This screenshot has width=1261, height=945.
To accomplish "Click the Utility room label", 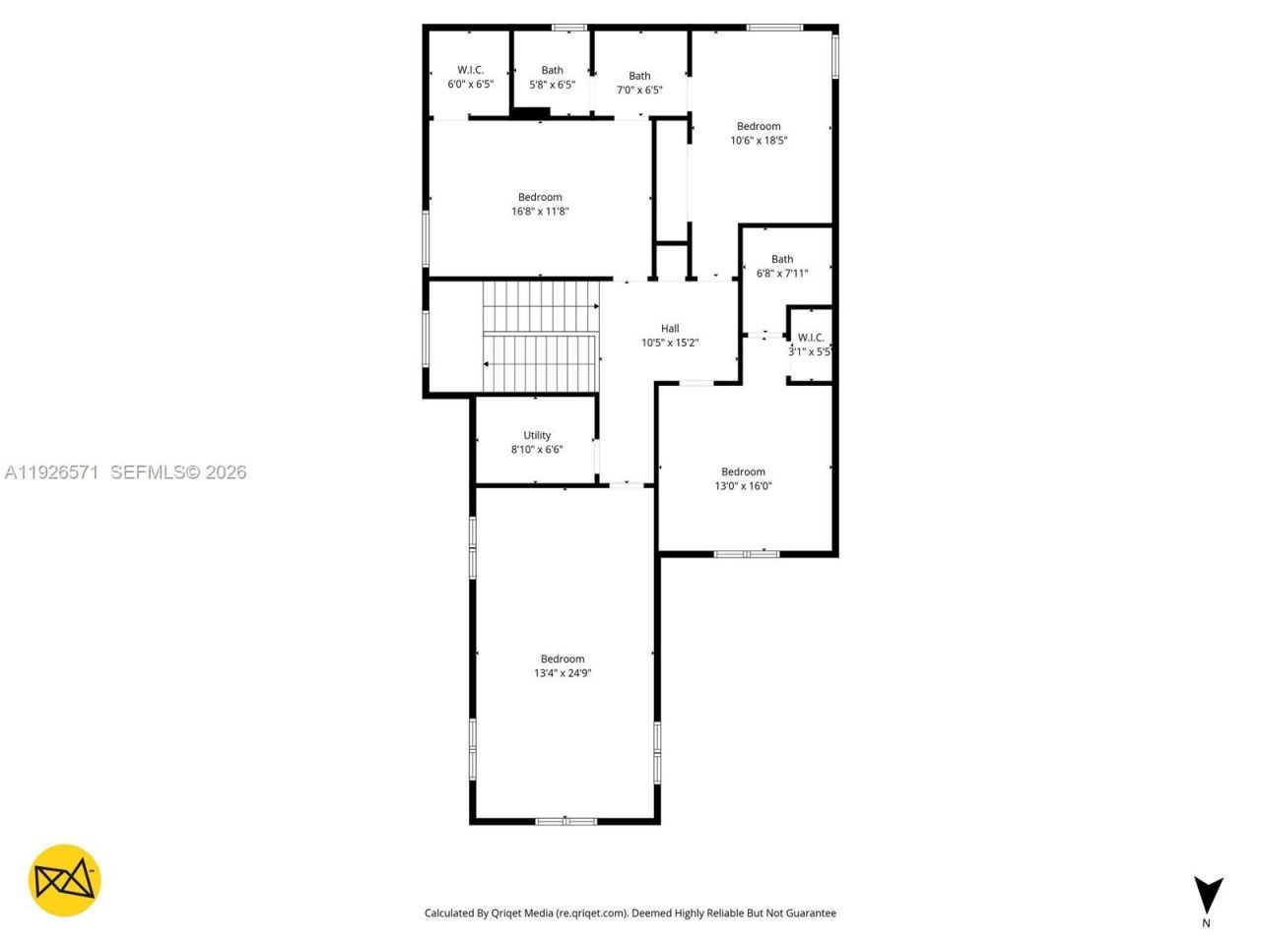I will [537, 435].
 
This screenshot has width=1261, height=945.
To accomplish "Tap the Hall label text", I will [670, 329].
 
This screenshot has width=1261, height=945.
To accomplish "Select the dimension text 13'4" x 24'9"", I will [563, 673].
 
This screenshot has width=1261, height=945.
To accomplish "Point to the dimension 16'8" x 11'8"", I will [540, 211].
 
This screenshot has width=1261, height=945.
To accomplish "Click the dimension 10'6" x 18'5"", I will [759, 140].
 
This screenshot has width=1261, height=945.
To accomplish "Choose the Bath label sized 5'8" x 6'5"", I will [552, 70].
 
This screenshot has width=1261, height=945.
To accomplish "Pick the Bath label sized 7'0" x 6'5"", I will [639, 76].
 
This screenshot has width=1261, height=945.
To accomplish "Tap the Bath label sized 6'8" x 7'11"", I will [782, 260].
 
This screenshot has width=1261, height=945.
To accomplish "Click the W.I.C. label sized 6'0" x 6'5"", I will [470, 70].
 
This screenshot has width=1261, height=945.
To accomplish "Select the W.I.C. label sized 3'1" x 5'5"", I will [811, 338].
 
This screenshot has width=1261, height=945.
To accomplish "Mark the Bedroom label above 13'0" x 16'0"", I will [743, 472].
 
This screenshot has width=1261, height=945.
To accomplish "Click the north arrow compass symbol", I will [1208, 894].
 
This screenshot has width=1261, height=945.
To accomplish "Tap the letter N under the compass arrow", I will [1207, 923].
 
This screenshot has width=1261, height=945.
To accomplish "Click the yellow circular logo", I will [64, 880].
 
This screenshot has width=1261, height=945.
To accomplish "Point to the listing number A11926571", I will [51, 472].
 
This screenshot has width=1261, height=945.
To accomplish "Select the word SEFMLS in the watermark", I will [149, 472].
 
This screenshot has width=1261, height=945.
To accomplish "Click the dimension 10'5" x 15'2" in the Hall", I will [670, 343].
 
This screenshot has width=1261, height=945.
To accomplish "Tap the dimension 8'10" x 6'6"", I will [537, 449].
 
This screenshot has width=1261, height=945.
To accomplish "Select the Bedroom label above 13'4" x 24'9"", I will [563, 660].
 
